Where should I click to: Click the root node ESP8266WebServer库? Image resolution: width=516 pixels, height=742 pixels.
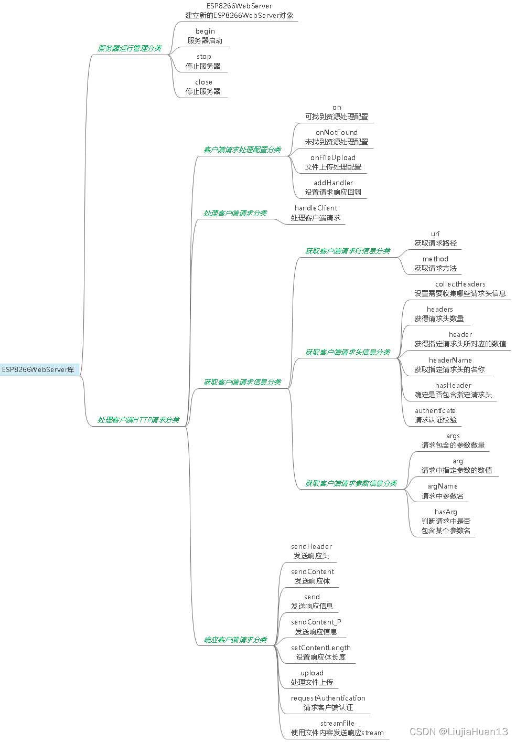click(38, 369)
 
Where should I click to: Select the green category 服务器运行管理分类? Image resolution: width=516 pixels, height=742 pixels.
click(129, 48)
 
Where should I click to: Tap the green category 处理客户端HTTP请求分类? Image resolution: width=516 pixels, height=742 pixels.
click(138, 420)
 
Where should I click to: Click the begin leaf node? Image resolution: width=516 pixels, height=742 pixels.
click(205, 36)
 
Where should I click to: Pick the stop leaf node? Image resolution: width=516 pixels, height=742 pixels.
click(203, 61)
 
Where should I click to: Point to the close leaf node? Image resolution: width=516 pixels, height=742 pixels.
click(203, 87)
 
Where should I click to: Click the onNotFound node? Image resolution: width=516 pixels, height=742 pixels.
click(337, 137)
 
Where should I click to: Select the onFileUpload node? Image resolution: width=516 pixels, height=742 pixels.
click(333, 162)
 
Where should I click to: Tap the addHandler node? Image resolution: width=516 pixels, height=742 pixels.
click(333, 187)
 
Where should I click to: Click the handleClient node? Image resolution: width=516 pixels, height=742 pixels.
click(316, 213)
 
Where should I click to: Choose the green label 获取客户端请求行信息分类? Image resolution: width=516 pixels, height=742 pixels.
click(348, 251)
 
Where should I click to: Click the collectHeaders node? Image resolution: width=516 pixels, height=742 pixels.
click(460, 289)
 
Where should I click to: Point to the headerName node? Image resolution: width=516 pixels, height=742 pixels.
click(450, 365)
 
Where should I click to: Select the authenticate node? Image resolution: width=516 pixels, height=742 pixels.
click(435, 415)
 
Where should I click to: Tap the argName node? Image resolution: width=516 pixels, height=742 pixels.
click(443, 491)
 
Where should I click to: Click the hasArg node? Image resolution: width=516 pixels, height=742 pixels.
click(446, 521)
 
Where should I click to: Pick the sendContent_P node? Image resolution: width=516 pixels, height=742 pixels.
click(316, 627)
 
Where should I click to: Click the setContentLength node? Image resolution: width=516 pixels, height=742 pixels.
click(321, 652)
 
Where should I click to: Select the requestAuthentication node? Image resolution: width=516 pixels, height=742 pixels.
click(328, 703)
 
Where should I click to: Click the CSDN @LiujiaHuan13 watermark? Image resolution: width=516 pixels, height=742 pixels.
click(458, 732)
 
